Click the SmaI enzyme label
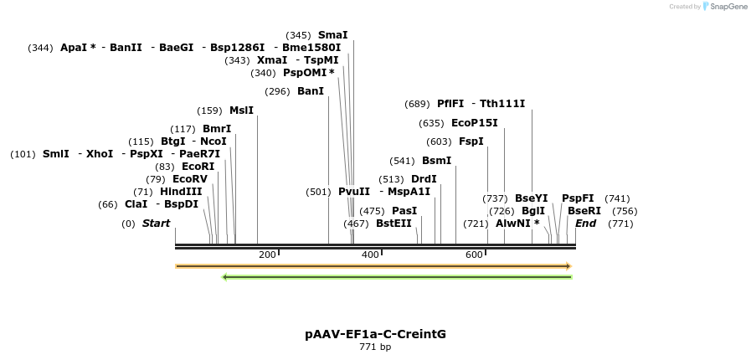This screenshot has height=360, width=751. pos(332,35)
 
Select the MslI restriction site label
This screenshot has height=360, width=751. pos(241,111)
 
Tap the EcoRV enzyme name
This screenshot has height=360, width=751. pos(189,179)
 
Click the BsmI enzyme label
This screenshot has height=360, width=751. pos(436,161)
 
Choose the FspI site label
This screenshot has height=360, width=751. pos(471,141)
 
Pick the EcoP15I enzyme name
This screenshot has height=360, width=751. pos(474,123)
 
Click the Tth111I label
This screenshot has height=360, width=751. pos(502,104)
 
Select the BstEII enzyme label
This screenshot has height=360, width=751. pos(394,224)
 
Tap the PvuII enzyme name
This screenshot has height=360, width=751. pos(354,192)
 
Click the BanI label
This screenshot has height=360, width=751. pos(311,91)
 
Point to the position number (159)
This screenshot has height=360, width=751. pos(209,111)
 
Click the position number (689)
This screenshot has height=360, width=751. pos(417,104)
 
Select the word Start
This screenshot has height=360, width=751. pos(156,224)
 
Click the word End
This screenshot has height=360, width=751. pos(585,224)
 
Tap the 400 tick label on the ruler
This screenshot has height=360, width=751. pos(369,255)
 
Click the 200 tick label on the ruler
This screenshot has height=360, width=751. pos(267,255)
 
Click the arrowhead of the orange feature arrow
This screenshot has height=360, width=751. pos(568,266)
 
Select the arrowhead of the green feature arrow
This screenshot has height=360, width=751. pos(225,277)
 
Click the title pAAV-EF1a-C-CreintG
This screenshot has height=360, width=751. pos(375,334)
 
